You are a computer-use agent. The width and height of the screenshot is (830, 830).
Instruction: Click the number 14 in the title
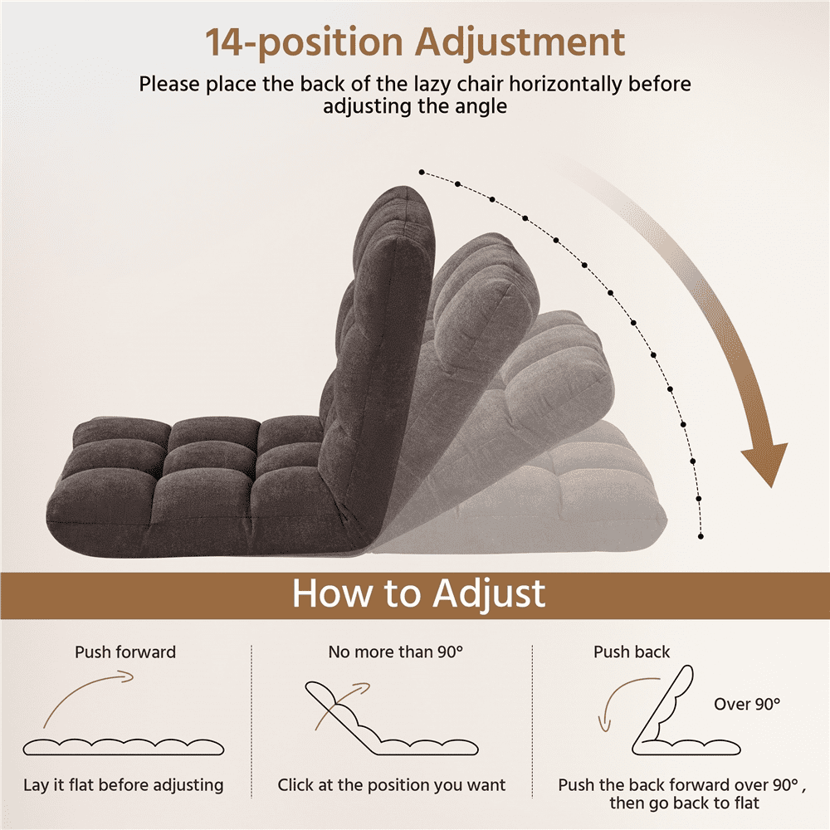(x=225, y=42)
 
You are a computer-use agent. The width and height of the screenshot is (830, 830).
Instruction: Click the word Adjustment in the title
(x=520, y=43)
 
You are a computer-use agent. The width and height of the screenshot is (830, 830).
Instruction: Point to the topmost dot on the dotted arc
(x=422, y=172)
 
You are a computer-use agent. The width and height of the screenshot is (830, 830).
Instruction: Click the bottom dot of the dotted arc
(x=701, y=536)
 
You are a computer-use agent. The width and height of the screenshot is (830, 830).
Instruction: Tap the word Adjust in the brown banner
(x=489, y=594)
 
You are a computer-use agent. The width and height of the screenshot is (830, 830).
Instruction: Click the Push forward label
(x=125, y=652)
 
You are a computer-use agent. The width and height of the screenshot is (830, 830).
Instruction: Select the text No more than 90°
(x=395, y=652)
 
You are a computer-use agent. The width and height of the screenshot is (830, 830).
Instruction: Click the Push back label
(x=632, y=652)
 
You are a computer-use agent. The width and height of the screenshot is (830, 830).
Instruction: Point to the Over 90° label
(x=747, y=704)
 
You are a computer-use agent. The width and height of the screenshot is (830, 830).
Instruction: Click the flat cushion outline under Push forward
(x=124, y=747)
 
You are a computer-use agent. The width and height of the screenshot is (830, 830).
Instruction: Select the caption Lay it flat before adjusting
(x=124, y=785)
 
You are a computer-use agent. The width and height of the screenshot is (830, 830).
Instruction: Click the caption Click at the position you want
(x=392, y=785)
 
